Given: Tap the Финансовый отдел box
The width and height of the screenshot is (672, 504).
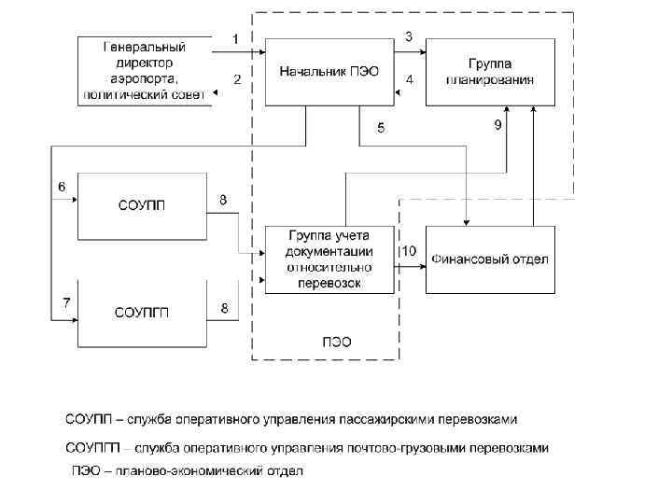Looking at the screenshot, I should coord(491,259).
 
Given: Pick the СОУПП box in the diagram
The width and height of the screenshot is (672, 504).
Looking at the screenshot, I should coord(142,205).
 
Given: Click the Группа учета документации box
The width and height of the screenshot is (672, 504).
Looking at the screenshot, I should coord(330,259).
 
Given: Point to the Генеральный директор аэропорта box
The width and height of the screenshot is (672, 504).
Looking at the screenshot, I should coord(145,70).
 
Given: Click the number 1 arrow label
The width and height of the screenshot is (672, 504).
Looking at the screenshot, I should coord(235,38).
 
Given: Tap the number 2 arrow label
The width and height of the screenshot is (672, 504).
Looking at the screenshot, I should coord(237,79).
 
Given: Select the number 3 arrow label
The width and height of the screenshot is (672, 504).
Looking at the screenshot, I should coord(409,36).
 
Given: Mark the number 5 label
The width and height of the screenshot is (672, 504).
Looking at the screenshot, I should coord(380,129).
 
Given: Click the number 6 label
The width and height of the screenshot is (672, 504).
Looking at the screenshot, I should coord(62,187).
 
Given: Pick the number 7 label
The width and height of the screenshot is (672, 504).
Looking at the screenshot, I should coord(65,301).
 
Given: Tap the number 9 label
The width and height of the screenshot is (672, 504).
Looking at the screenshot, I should coord(498,125).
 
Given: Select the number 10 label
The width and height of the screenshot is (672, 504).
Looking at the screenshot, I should coord(409,251).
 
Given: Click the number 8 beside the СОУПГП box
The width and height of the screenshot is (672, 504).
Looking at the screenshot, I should coord(223,307).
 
